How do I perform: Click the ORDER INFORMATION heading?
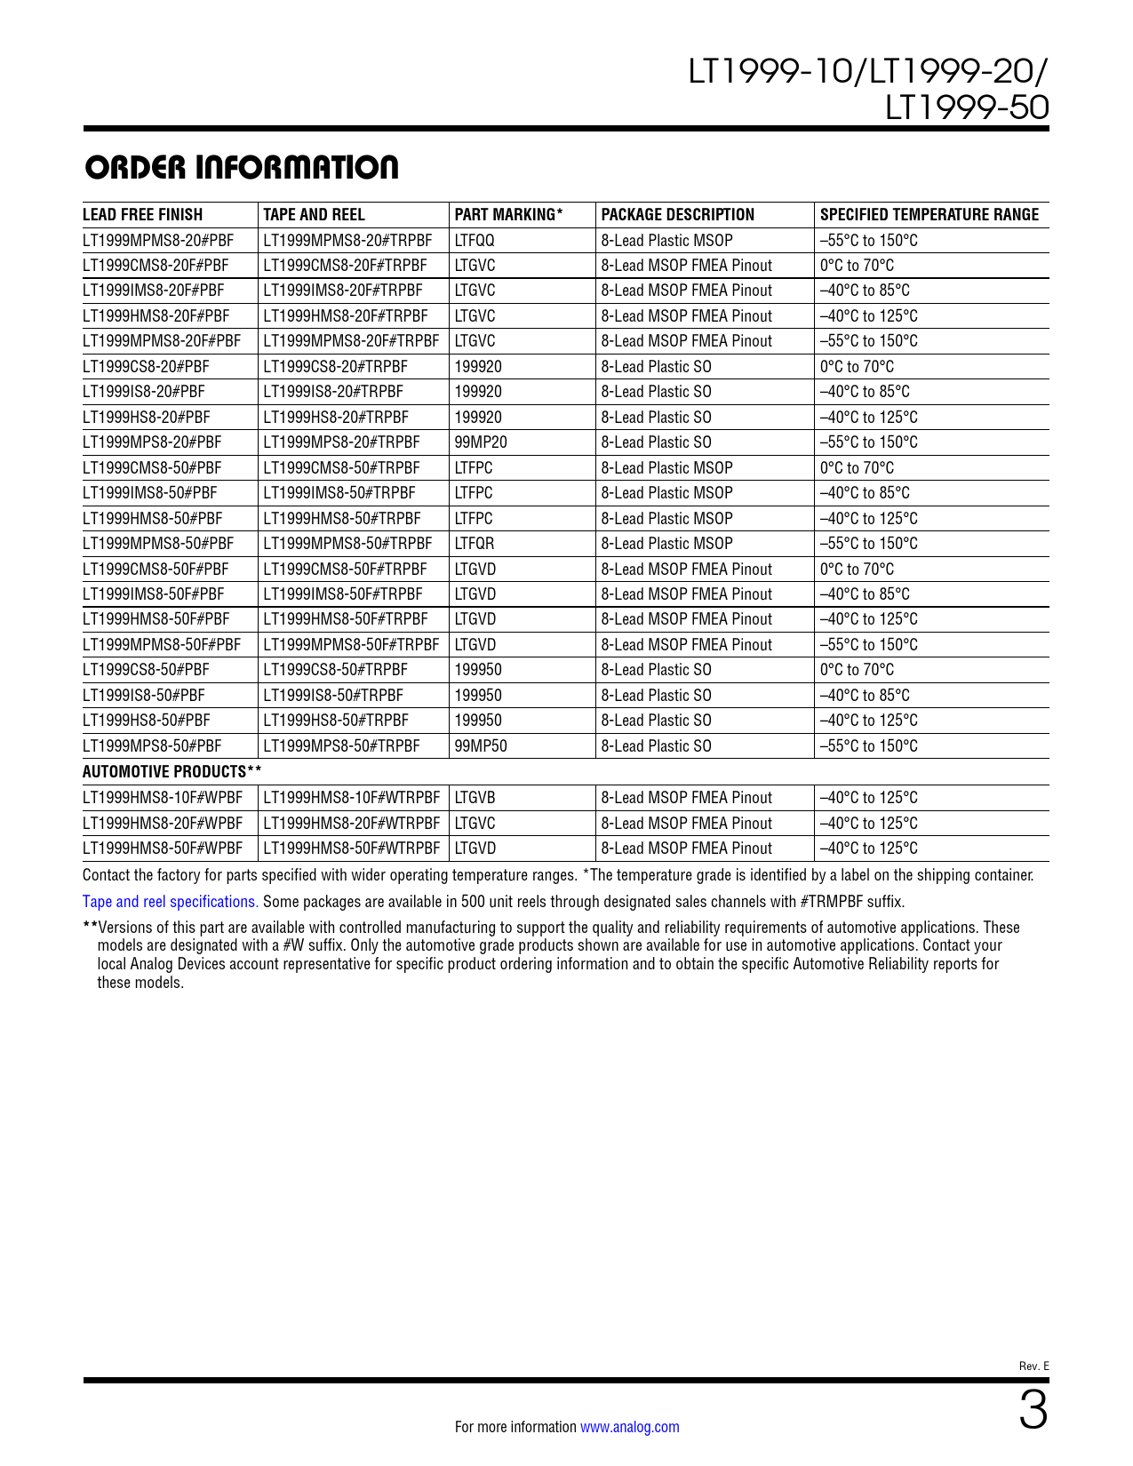[x=241, y=168]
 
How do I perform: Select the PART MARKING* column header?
[x=508, y=215]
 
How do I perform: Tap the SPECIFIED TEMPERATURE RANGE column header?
[x=929, y=215]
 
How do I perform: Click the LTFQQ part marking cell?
[x=474, y=241]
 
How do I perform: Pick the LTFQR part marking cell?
[x=474, y=544]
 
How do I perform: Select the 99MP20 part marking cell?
[x=480, y=442]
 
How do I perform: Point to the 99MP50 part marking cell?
[x=480, y=746]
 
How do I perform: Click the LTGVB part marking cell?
[x=475, y=798]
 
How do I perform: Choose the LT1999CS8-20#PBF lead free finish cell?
[x=146, y=367]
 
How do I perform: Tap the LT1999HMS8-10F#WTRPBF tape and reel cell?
[x=351, y=798]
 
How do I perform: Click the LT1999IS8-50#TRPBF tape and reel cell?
[x=333, y=696]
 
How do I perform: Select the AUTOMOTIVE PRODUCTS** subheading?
[x=172, y=771]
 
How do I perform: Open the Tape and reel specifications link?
[x=170, y=902]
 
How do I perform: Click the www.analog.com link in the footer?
[x=629, y=1427]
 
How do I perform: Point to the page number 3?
[x=1033, y=1411]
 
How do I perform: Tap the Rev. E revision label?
[x=1033, y=1366]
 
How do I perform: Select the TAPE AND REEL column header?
[x=314, y=215]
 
